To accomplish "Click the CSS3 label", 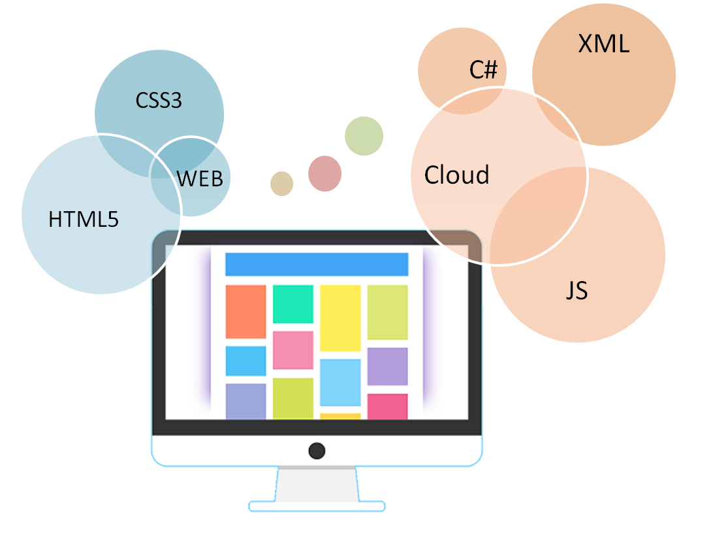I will pos(159,101).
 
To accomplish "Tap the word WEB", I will pos(200,178).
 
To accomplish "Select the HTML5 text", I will pos(84,219).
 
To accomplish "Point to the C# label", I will pos(484,70).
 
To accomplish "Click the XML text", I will pos(603,44).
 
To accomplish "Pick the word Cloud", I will pos(456,175).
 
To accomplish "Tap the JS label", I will pos(577,290).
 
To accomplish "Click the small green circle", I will pos(364,136).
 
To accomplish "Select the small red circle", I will pos(324,174).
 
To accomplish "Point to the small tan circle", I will pos(281,184).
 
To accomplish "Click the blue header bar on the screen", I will pos(317,264).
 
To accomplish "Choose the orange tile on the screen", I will pos(245,311).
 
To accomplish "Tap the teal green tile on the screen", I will pos(293,304).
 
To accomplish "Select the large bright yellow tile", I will pos(340,318).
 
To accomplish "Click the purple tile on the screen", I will pos(387,366).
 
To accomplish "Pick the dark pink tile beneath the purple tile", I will pos(387,406).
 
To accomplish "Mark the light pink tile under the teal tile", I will pos(293,350).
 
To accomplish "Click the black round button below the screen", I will pos(317,450).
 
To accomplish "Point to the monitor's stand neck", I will pos(317,484).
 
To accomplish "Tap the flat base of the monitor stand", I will pos(317,506).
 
